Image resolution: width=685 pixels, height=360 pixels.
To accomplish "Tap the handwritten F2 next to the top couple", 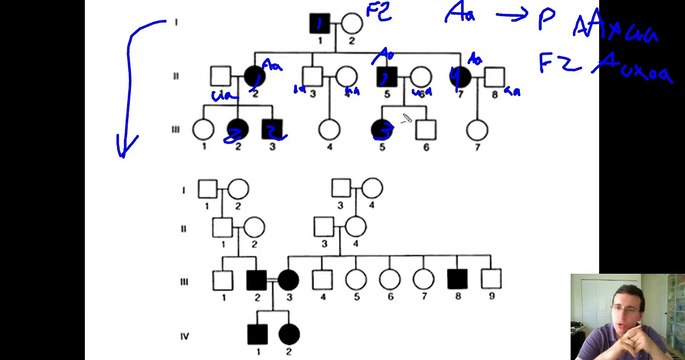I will point(378,13).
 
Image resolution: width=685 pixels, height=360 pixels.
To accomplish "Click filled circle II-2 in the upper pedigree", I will point(252,76).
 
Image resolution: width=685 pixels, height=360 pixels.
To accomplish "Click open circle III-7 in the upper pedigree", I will point(477,129).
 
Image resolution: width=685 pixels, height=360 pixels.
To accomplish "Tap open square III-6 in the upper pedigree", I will point(425,129).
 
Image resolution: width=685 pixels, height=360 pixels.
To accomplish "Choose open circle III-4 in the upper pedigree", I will point(328,129).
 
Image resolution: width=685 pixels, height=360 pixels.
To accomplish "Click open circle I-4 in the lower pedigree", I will point(371,187).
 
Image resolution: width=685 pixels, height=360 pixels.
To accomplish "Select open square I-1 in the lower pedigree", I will point(206,187).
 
